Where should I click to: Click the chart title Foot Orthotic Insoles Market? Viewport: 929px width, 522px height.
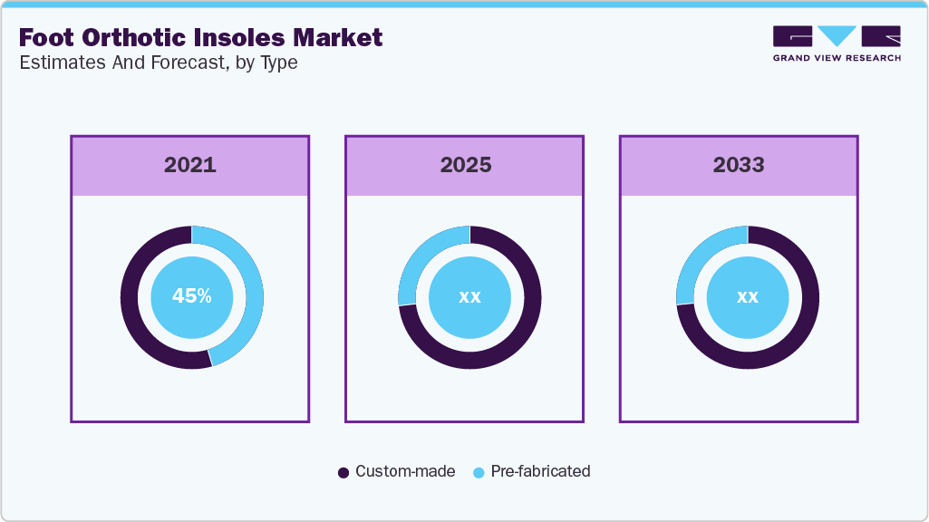tap(200, 37)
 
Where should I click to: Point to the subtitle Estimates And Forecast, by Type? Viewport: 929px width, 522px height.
tap(158, 63)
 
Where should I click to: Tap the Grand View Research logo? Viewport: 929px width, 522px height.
tap(837, 43)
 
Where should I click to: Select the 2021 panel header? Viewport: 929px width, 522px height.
tap(189, 165)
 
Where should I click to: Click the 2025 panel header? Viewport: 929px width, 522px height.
tap(466, 165)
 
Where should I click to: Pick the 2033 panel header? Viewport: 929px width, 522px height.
tap(739, 165)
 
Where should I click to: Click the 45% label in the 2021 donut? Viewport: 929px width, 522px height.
tap(192, 295)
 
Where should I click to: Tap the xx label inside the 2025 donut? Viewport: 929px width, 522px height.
tap(469, 296)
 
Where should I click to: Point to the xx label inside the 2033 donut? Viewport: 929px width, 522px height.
tap(748, 296)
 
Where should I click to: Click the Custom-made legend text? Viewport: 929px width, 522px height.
tap(405, 471)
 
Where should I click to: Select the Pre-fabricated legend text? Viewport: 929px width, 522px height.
tap(540, 471)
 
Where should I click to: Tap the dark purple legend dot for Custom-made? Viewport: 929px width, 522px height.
tap(344, 472)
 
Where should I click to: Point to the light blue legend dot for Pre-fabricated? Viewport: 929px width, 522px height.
tap(479, 472)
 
